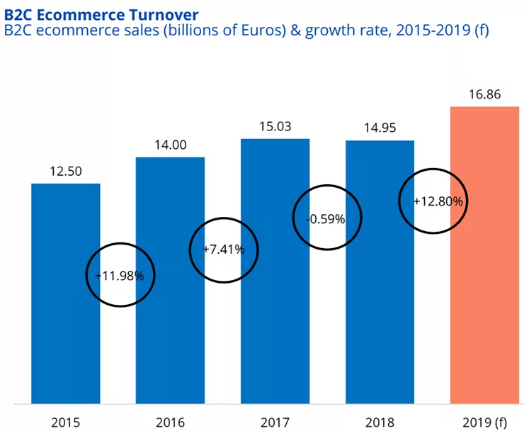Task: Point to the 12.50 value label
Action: [x=66, y=171]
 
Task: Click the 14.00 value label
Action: [x=170, y=145]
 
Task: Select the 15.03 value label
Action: [x=275, y=126]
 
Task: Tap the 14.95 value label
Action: [x=380, y=128]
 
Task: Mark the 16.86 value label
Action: [x=485, y=94]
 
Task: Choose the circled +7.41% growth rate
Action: [x=224, y=249]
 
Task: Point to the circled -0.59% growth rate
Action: [x=326, y=219]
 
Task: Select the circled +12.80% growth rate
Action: [x=439, y=201]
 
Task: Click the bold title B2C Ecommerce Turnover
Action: [x=101, y=13]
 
